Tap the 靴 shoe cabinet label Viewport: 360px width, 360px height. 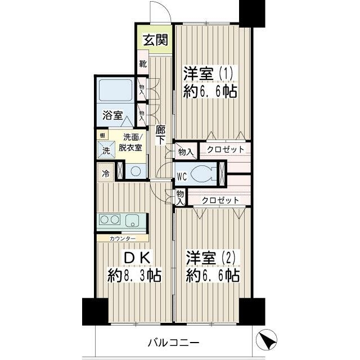pyautogui.click(x=143, y=64)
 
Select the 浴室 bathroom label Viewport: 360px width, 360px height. pyautogui.click(x=112, y=116)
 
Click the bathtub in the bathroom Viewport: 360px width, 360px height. pyautogui.click(x=115, y=90)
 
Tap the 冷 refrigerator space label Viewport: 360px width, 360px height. pyautogui.click(x=106, y=174)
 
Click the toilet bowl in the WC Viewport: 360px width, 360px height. pyautogui.click(x=200, y=174)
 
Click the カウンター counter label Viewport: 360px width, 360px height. pyautogui.click(x=121, y=238)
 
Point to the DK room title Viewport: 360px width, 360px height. pyautogui.click(x=136, y=258)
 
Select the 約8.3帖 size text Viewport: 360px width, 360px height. pyautogui.click(x=134, y=276)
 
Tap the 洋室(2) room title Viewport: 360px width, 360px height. pyautogui.click(x=212, y=258)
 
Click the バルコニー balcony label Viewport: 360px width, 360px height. pyautogui.click(x=174, y=342)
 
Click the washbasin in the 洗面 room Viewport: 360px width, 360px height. pyautogui.click(x=134, y=172)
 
